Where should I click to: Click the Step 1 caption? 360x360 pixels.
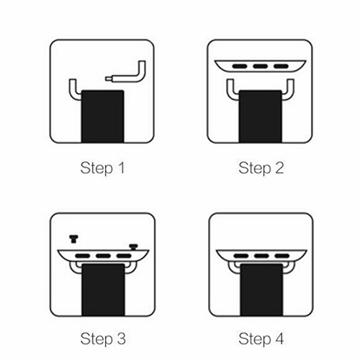click(102, 168)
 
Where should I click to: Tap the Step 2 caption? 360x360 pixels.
click(261, 168)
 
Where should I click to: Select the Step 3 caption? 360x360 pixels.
click(103, 339)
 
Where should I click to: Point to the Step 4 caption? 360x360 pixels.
click(261, 339)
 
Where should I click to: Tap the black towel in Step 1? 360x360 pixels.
click(103, 117)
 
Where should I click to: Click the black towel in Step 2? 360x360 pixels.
click(261, 117)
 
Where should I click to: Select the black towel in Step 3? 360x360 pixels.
click(103, 289)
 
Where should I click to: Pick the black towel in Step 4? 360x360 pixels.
click(261, 289)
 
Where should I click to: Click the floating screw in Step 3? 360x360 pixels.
click(73, 239)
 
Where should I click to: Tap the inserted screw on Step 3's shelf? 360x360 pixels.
click(133, 247)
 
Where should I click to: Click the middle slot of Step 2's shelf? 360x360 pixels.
click(261, 66)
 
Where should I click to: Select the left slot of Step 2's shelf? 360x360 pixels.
click(240, 66)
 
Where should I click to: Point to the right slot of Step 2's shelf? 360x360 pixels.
click(281, 66)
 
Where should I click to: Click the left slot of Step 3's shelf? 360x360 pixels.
click(83, 256)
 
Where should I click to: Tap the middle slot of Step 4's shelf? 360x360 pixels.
click(261, 256)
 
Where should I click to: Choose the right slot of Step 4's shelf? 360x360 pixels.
click(282, 256)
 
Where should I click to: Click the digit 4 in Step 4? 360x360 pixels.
click(279, 338)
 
